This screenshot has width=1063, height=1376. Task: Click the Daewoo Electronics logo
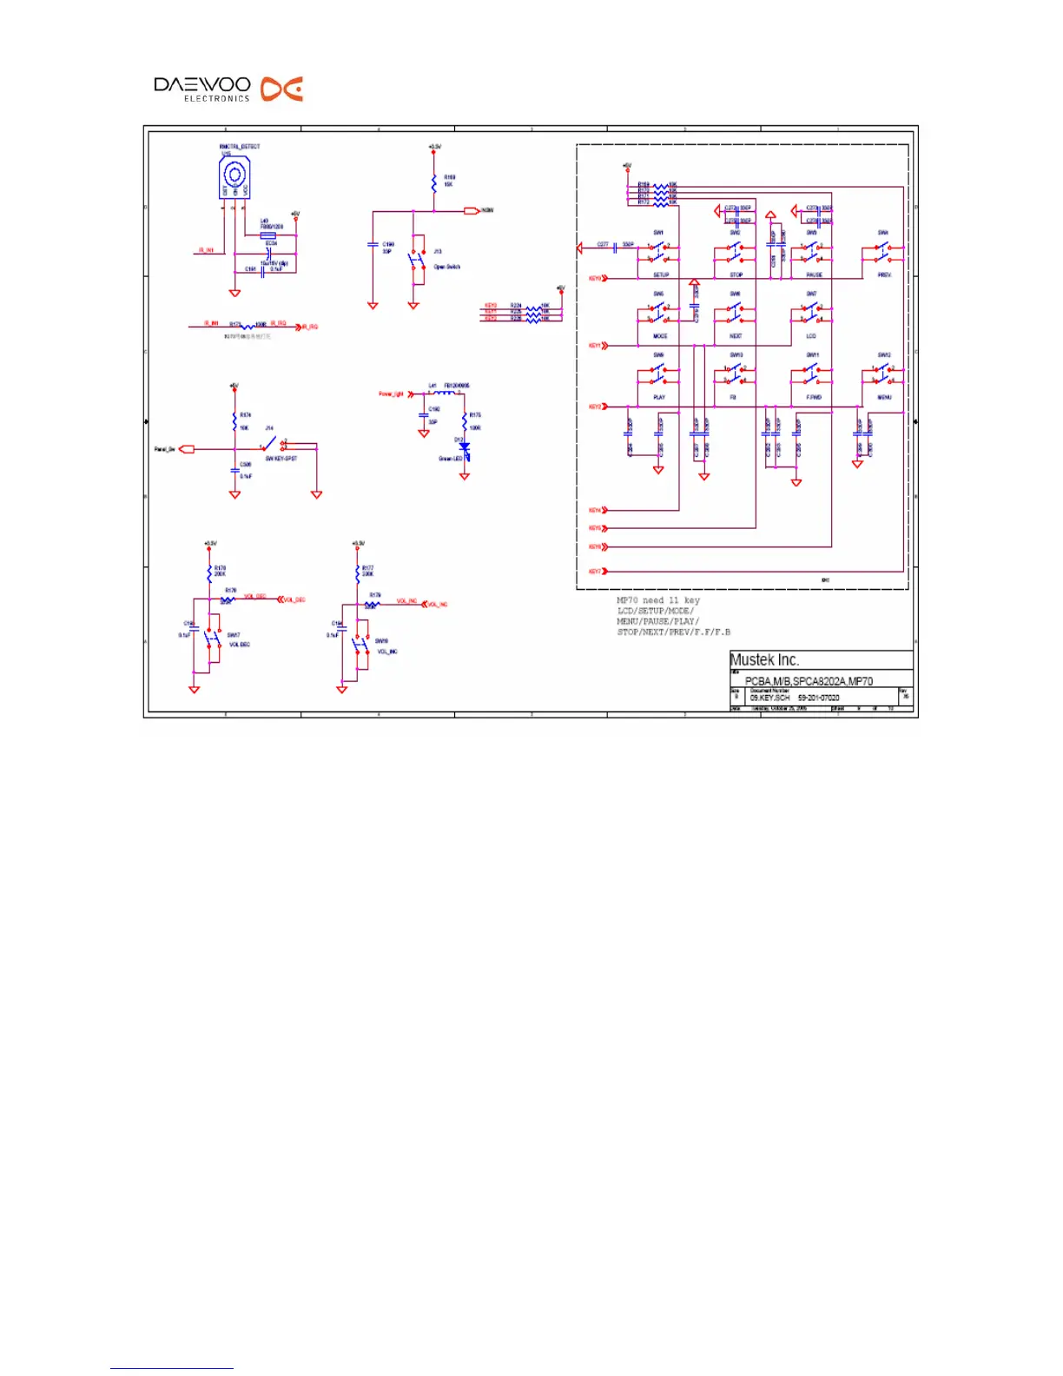click(x=228, y=89)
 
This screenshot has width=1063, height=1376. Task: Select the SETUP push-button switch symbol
click(x=659, y=253)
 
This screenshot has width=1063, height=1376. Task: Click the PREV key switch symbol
click(x=883, y=253)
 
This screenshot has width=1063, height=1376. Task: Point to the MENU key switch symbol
click(x=883, y=374)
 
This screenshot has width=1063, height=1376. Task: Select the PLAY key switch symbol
click(x=659, y=374)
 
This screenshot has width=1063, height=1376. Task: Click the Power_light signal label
click(x=391, y=394)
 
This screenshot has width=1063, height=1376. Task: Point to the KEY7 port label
click(x=595, y=572)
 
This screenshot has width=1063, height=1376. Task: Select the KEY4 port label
click(x=595, y=511)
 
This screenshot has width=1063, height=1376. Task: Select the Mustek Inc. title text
click(x=764, y=660)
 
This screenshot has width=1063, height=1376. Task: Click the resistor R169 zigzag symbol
click(x=434, y=183)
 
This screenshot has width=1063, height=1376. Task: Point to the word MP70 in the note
click(x=627, y=600)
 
